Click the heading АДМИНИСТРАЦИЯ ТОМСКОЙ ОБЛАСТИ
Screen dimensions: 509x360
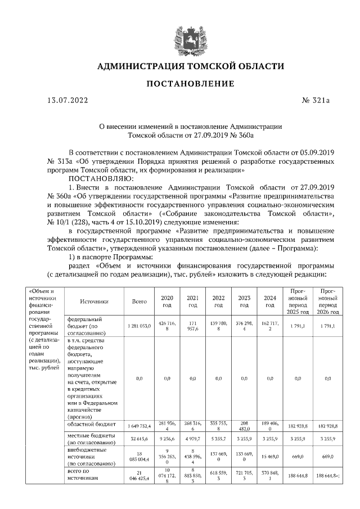click(x=191, y=66)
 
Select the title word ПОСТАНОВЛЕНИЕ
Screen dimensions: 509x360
click(x=191, y=84)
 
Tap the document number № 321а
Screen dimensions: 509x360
click(x=316, y=101)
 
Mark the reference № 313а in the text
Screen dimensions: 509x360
click(x=55, y=161)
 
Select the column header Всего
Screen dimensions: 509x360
click(x=139, y=301)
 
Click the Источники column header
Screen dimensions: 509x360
click(x=94, y=301)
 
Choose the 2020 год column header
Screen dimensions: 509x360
click(x=167, y=301)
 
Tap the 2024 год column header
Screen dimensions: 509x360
click(x=270, y=301)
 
